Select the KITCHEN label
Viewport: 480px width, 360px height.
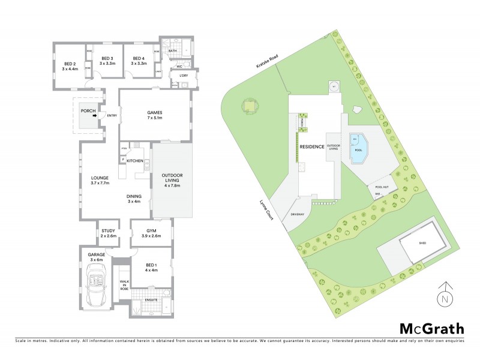(x=135, y=161)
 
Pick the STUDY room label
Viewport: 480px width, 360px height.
(x=108, y=233)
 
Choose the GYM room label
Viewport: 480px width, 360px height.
(x=151, y=233)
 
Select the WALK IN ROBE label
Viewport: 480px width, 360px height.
(x=124, y=284)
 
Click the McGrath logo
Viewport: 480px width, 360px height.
(x=431, y=328)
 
